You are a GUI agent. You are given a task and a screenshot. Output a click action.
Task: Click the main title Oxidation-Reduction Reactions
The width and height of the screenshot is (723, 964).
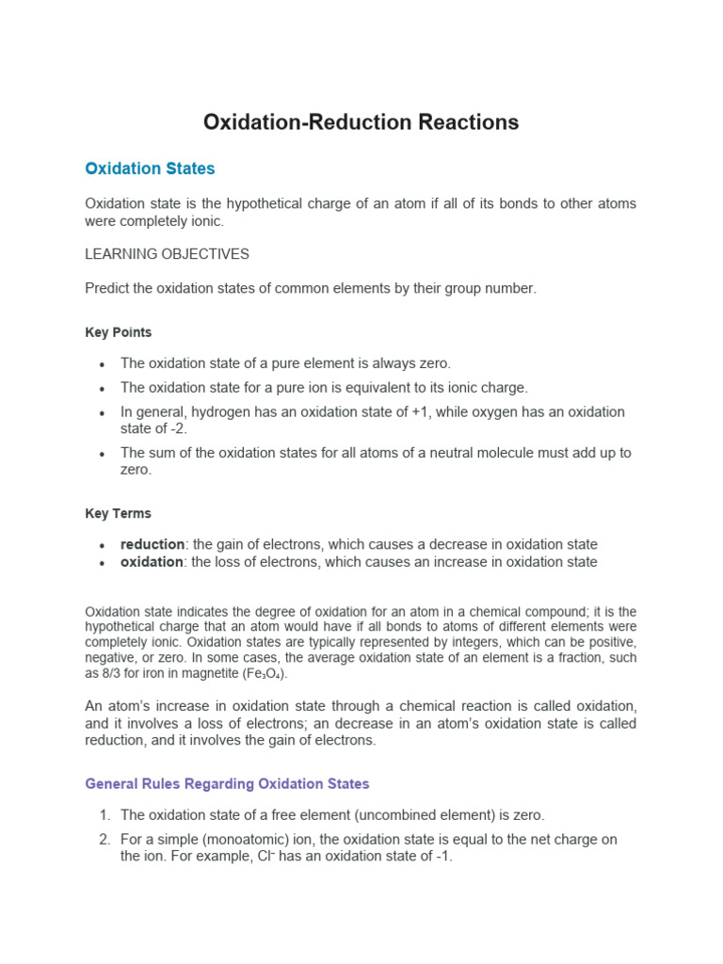pyautogui.click(x=361, y=122)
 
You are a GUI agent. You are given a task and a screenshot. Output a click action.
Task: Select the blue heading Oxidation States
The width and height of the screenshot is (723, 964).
pyautogui.click(x=150, y=169)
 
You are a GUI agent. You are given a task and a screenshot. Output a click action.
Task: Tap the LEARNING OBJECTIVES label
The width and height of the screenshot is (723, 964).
pyautogui.click(x=167, y=254)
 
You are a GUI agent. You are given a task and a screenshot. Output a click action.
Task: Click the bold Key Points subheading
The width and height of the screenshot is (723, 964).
pyautogui.click(x=118, y=332)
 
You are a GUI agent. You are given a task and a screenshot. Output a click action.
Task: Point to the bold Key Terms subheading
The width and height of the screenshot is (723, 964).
pyautogui.click(x=118, y=514)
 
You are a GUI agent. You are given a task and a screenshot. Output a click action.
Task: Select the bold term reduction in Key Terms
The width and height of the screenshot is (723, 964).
pyautogui.click(x=152, y=545)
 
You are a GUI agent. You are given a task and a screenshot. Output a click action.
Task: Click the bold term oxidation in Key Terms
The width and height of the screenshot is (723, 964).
pyautogui.click(x=151, y=562)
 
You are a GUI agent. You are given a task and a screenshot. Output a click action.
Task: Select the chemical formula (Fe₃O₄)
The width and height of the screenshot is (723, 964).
pyautogui.click(x=265, y=675)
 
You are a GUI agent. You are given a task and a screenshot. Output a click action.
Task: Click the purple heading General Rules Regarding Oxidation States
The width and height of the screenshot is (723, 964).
pyautogui.click(x=227, y=784)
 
